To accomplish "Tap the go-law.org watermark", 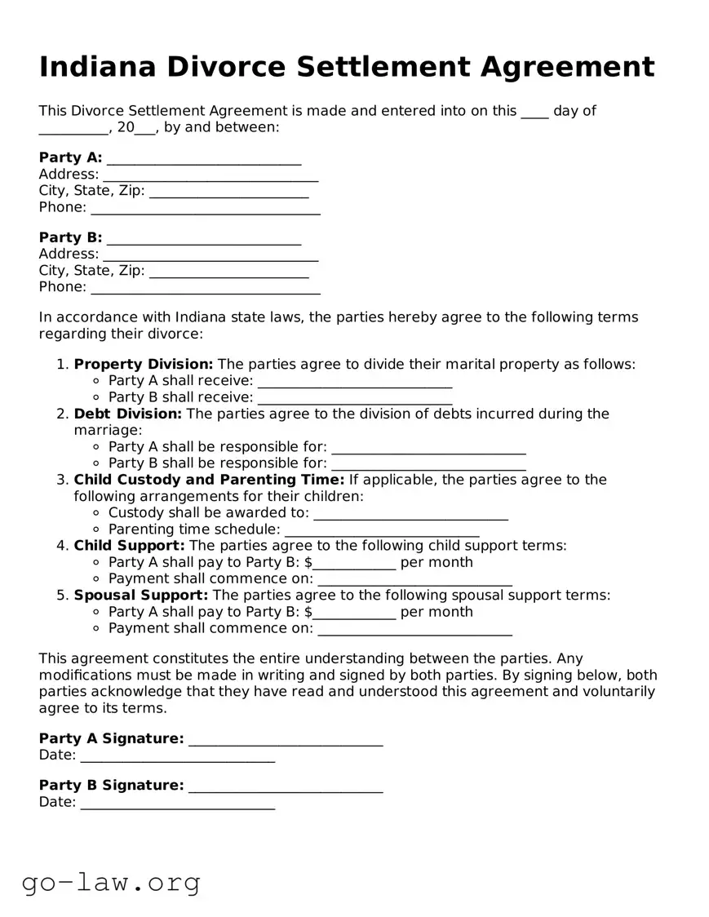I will (111, 882).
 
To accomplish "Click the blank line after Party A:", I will (203, 158).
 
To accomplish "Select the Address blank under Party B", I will (210, 255).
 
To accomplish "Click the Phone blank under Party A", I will (205, 208).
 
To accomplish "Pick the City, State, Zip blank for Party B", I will (228, 271).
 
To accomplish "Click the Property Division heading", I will (144, 365).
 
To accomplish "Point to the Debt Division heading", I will (128, 414).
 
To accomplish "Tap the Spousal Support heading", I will (141, 596).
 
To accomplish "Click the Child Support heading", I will (130, 546).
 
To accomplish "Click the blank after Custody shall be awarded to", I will (410, 513).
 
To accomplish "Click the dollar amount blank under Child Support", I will (355, 563).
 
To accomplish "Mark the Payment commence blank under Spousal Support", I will (414, 629).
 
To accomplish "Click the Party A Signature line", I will (285, 739).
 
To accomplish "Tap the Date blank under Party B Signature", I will (178, 803).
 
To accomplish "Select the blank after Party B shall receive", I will (354, 398).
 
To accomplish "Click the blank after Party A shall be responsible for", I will (428, 447).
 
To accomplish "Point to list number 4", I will (62, 546).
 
